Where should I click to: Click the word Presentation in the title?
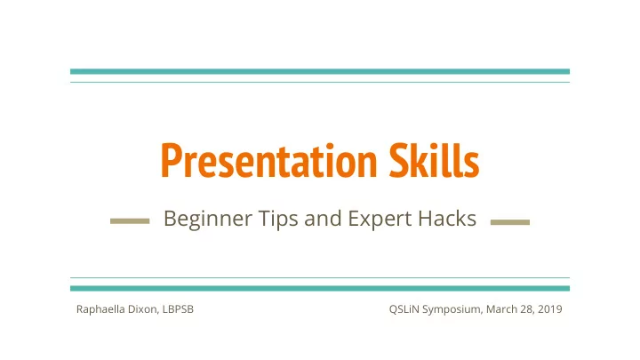click(268, 160)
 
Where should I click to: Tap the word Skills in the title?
click(434, 160)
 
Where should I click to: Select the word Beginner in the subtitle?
click(208, 219)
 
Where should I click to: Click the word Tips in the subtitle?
click(278, 219)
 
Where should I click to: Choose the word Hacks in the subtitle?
click(447, 218)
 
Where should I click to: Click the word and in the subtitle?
click(323, 218)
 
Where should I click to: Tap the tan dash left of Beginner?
click(130, 221)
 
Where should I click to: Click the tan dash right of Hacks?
click(510, 222)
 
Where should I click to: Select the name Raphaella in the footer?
click(100, 309)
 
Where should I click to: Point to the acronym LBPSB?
click(178, 309)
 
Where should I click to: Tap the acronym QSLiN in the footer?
click(404, 309)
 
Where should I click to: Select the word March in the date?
click(501, 309)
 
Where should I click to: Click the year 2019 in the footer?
click(550, 309)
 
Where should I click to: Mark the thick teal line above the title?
click(320, 71)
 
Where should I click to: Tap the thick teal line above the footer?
click(320, 288)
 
